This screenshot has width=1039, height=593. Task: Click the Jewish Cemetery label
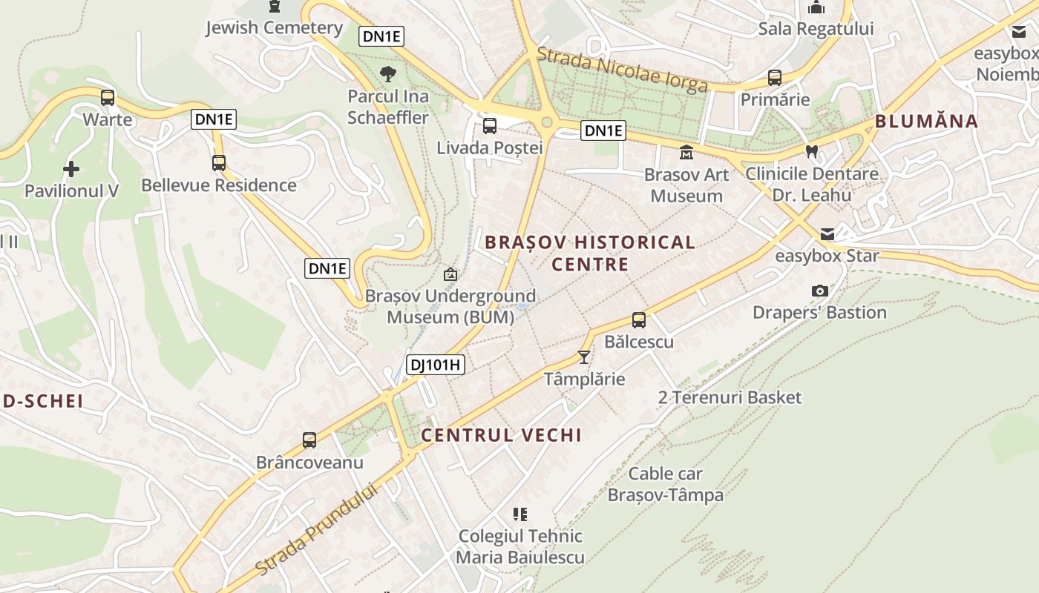tap(274, 28)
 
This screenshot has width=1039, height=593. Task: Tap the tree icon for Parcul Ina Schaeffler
tap(387, 73)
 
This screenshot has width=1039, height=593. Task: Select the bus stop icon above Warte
tap(108, 97)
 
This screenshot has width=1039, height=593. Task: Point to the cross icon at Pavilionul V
tap(71, 169)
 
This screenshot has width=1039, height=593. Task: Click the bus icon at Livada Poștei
tap(490, 126)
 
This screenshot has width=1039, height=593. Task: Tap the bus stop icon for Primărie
tap(775, 78)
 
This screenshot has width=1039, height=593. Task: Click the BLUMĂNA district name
tap(926, 122)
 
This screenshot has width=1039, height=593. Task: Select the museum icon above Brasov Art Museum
tap(686, 153)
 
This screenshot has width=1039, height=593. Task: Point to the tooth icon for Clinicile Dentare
tap(812, 152)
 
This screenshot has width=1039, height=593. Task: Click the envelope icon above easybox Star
tap(827, 234)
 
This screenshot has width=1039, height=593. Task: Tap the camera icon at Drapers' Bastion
tap(820, 291)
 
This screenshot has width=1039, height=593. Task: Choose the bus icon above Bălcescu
tap(639, 320)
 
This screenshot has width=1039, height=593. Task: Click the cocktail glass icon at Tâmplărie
tap(584, 357)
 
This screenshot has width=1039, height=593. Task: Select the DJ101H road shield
tap(436, 364)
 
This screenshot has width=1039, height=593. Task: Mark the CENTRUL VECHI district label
tap(502, 435)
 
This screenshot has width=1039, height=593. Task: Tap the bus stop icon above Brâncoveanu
tap(309, 440)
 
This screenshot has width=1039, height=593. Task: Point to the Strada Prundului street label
tap(316, 529)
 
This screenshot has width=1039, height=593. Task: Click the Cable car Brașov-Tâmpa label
tap(666, 483)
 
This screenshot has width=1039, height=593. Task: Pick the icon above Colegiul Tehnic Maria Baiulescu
tap(520, 514)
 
